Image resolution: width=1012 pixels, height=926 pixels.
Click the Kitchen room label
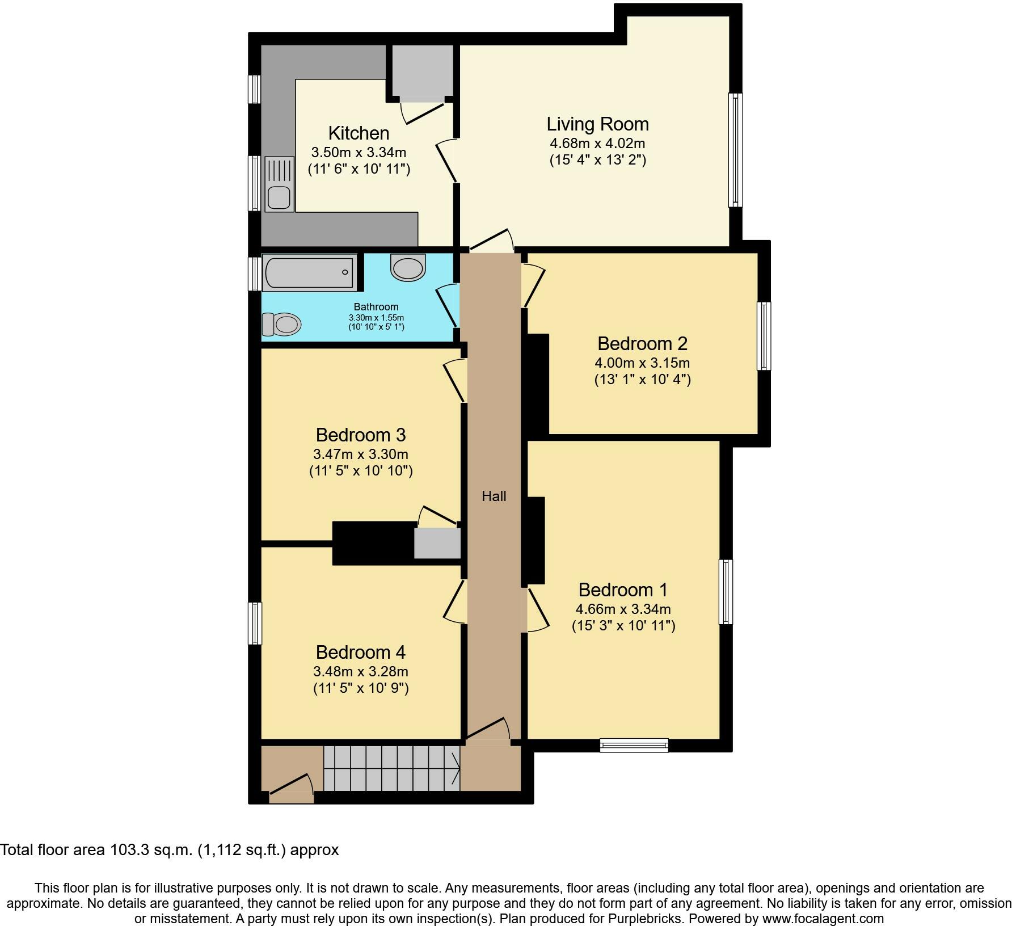click(359, 133)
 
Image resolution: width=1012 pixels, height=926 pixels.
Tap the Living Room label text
click(597, 124)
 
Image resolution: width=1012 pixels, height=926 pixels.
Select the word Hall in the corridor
click(494, 496)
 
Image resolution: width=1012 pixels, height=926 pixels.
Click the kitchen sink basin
click(279, 198)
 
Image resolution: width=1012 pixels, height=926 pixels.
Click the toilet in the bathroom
click(281, 325)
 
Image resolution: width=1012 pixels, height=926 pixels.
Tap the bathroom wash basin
click(408, 267)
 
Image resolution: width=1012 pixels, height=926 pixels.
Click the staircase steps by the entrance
click(391, 768)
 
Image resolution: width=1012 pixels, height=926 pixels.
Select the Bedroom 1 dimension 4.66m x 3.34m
click(623, 609)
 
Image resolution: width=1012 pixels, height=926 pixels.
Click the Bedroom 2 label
click(642, 344)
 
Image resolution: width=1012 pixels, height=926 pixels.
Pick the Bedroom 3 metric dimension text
click(360, 454)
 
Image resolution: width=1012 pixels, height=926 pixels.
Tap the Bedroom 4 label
click(360, 653)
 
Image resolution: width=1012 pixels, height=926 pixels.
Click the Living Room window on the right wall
click(735, 150)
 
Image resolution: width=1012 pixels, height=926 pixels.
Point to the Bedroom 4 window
click(256, 624)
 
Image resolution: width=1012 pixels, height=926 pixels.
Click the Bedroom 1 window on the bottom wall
click(634, 745)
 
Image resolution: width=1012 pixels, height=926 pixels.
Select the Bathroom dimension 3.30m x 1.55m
click(376, 318)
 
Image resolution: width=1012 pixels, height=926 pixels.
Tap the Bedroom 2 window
click(764, 336)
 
